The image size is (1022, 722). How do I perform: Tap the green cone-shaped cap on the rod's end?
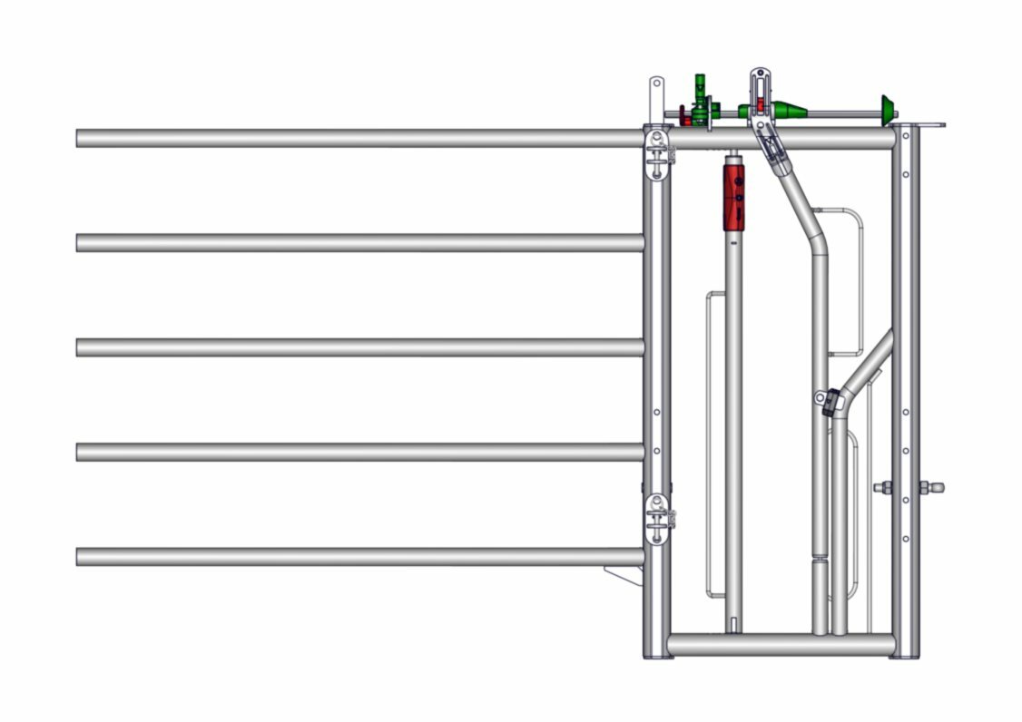click(x=887, y=107)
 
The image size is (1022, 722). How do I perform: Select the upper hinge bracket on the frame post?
click(x=657, y=153)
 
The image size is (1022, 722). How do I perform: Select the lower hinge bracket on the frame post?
click(x=657, y=518)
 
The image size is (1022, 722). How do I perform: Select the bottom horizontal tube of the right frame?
click(x=781, y=644)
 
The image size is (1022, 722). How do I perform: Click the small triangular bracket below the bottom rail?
click(x=624, y=575)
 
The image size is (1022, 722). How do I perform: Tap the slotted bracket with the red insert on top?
click(x=760, y=91)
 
